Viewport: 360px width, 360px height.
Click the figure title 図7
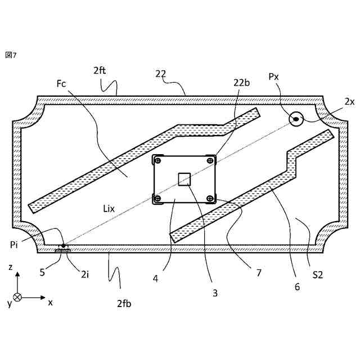(x=11, y=55)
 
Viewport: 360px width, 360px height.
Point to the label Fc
(x=61, y=84)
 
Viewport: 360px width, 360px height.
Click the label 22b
(x=241, y=82)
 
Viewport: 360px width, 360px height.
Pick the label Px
(x=273, y=76)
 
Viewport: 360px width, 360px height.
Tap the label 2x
(x=349, y=101)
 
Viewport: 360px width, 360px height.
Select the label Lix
(x=109, y=209)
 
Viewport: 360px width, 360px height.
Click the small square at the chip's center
(x=184, y=179)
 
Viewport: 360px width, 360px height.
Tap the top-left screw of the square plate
(x=158, y=160)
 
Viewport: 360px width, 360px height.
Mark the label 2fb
(x=124, y=304)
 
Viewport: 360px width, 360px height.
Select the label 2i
(x=84, y=274)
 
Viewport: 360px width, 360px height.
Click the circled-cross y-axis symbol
(x=18, y=297)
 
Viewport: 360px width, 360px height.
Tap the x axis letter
(x=50, y=303)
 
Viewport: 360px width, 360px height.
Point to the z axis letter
(x=10, y=268)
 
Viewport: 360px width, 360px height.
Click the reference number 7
(x=259, y=273)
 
